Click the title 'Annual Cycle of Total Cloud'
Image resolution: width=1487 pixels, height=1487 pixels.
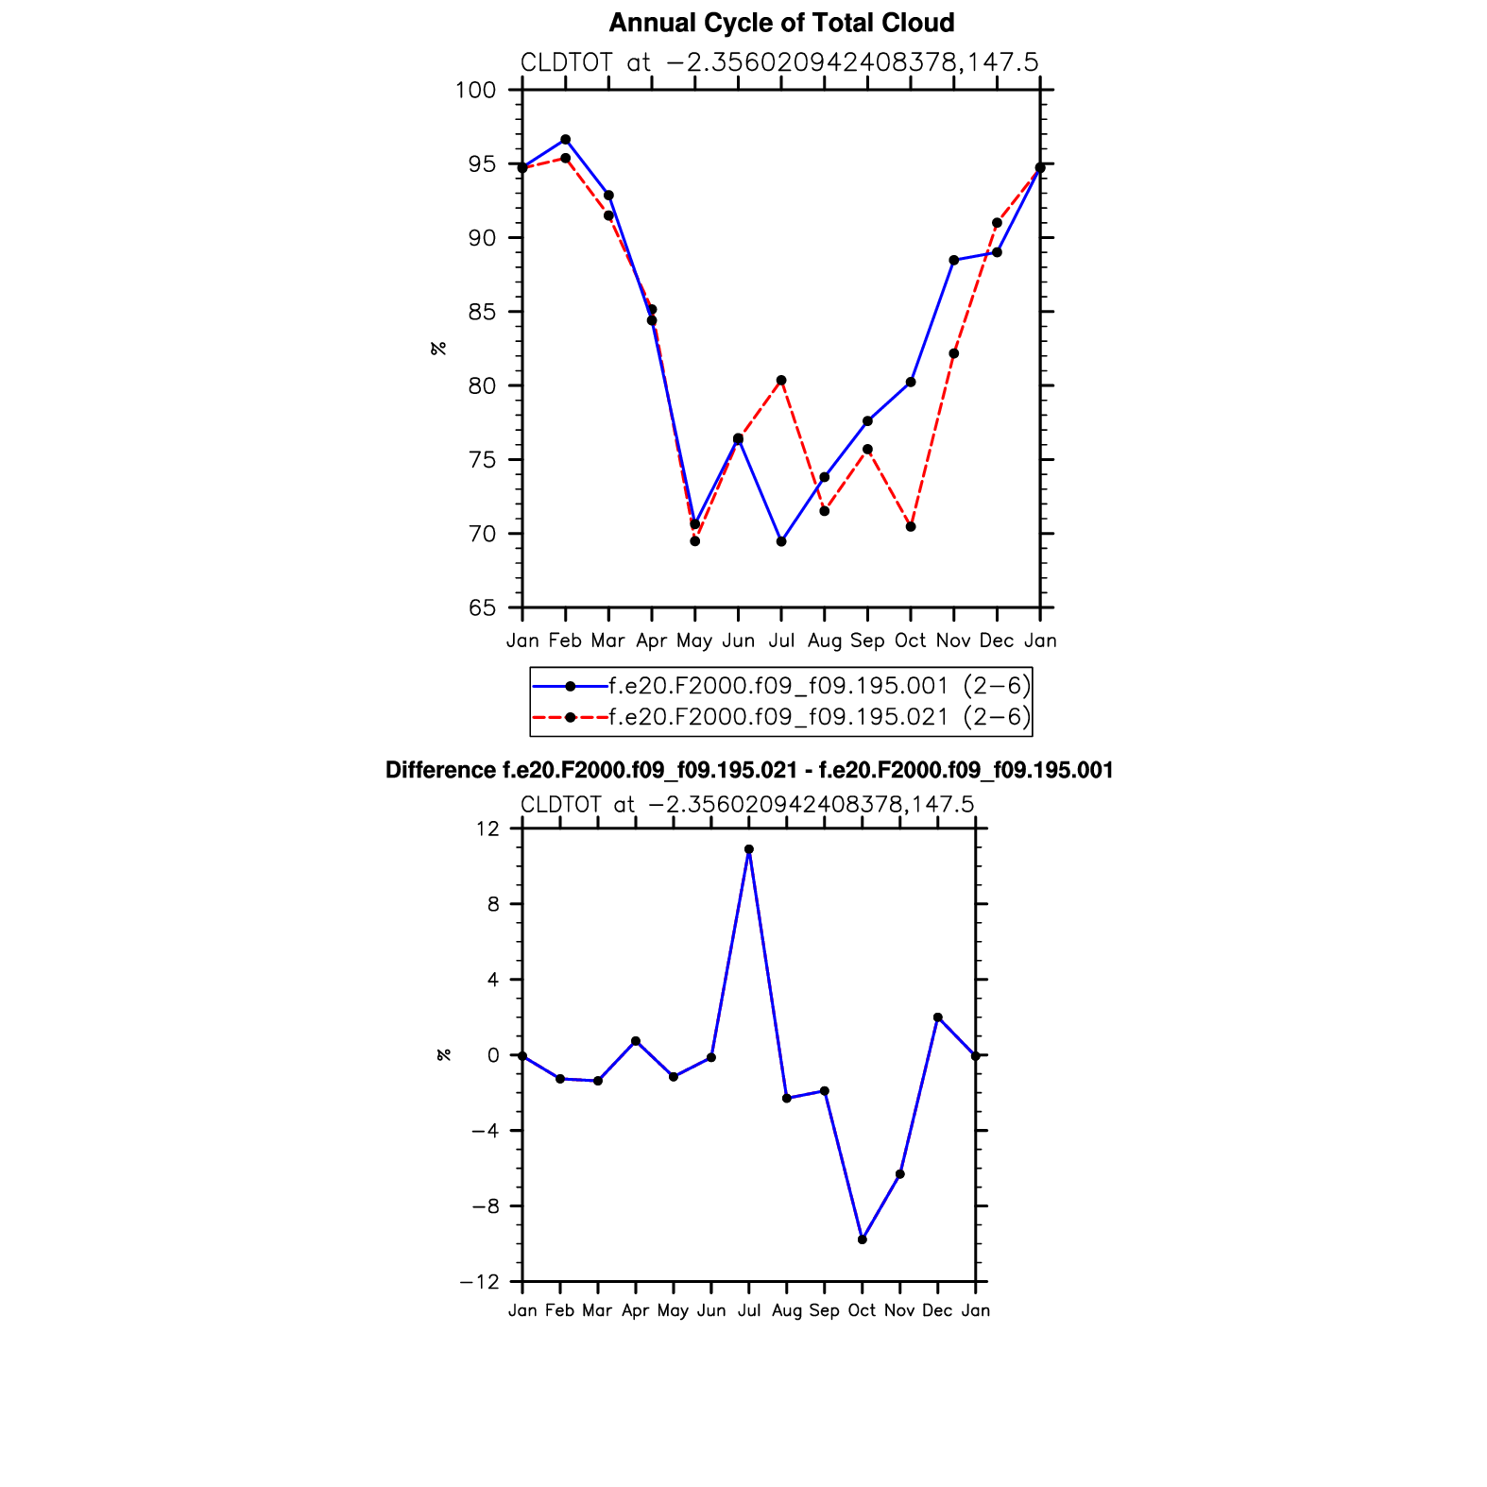[781, 23]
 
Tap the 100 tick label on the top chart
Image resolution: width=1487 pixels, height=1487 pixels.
[475, 91]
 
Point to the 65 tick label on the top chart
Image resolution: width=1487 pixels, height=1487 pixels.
[481, 608]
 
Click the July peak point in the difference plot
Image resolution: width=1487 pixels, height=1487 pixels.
[749, 849]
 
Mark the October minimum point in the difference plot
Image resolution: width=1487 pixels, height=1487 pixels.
[863, 1239]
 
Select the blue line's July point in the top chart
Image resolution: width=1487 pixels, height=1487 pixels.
[781, 541]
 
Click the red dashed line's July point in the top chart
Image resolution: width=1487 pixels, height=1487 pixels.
[781, 381]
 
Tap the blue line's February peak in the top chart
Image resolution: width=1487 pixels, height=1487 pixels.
[566, 140]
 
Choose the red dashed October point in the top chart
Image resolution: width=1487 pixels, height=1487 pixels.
[911, 527]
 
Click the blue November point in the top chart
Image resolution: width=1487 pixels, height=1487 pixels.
[954, 261]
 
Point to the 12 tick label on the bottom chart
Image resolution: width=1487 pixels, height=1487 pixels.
[487, 829]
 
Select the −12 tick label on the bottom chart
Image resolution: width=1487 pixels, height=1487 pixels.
[480, 1282]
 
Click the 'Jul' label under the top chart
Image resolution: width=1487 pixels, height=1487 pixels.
[781, 641]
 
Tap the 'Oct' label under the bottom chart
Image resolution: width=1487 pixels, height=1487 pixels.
[862, 1310]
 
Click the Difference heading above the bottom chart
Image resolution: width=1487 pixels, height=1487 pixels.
[749, 771]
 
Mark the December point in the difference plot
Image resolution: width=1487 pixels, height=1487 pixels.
[937, 1017]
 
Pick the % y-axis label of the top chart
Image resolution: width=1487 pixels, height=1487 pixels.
[438, 349]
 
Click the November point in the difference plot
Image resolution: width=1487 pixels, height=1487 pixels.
[900, 1174]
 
